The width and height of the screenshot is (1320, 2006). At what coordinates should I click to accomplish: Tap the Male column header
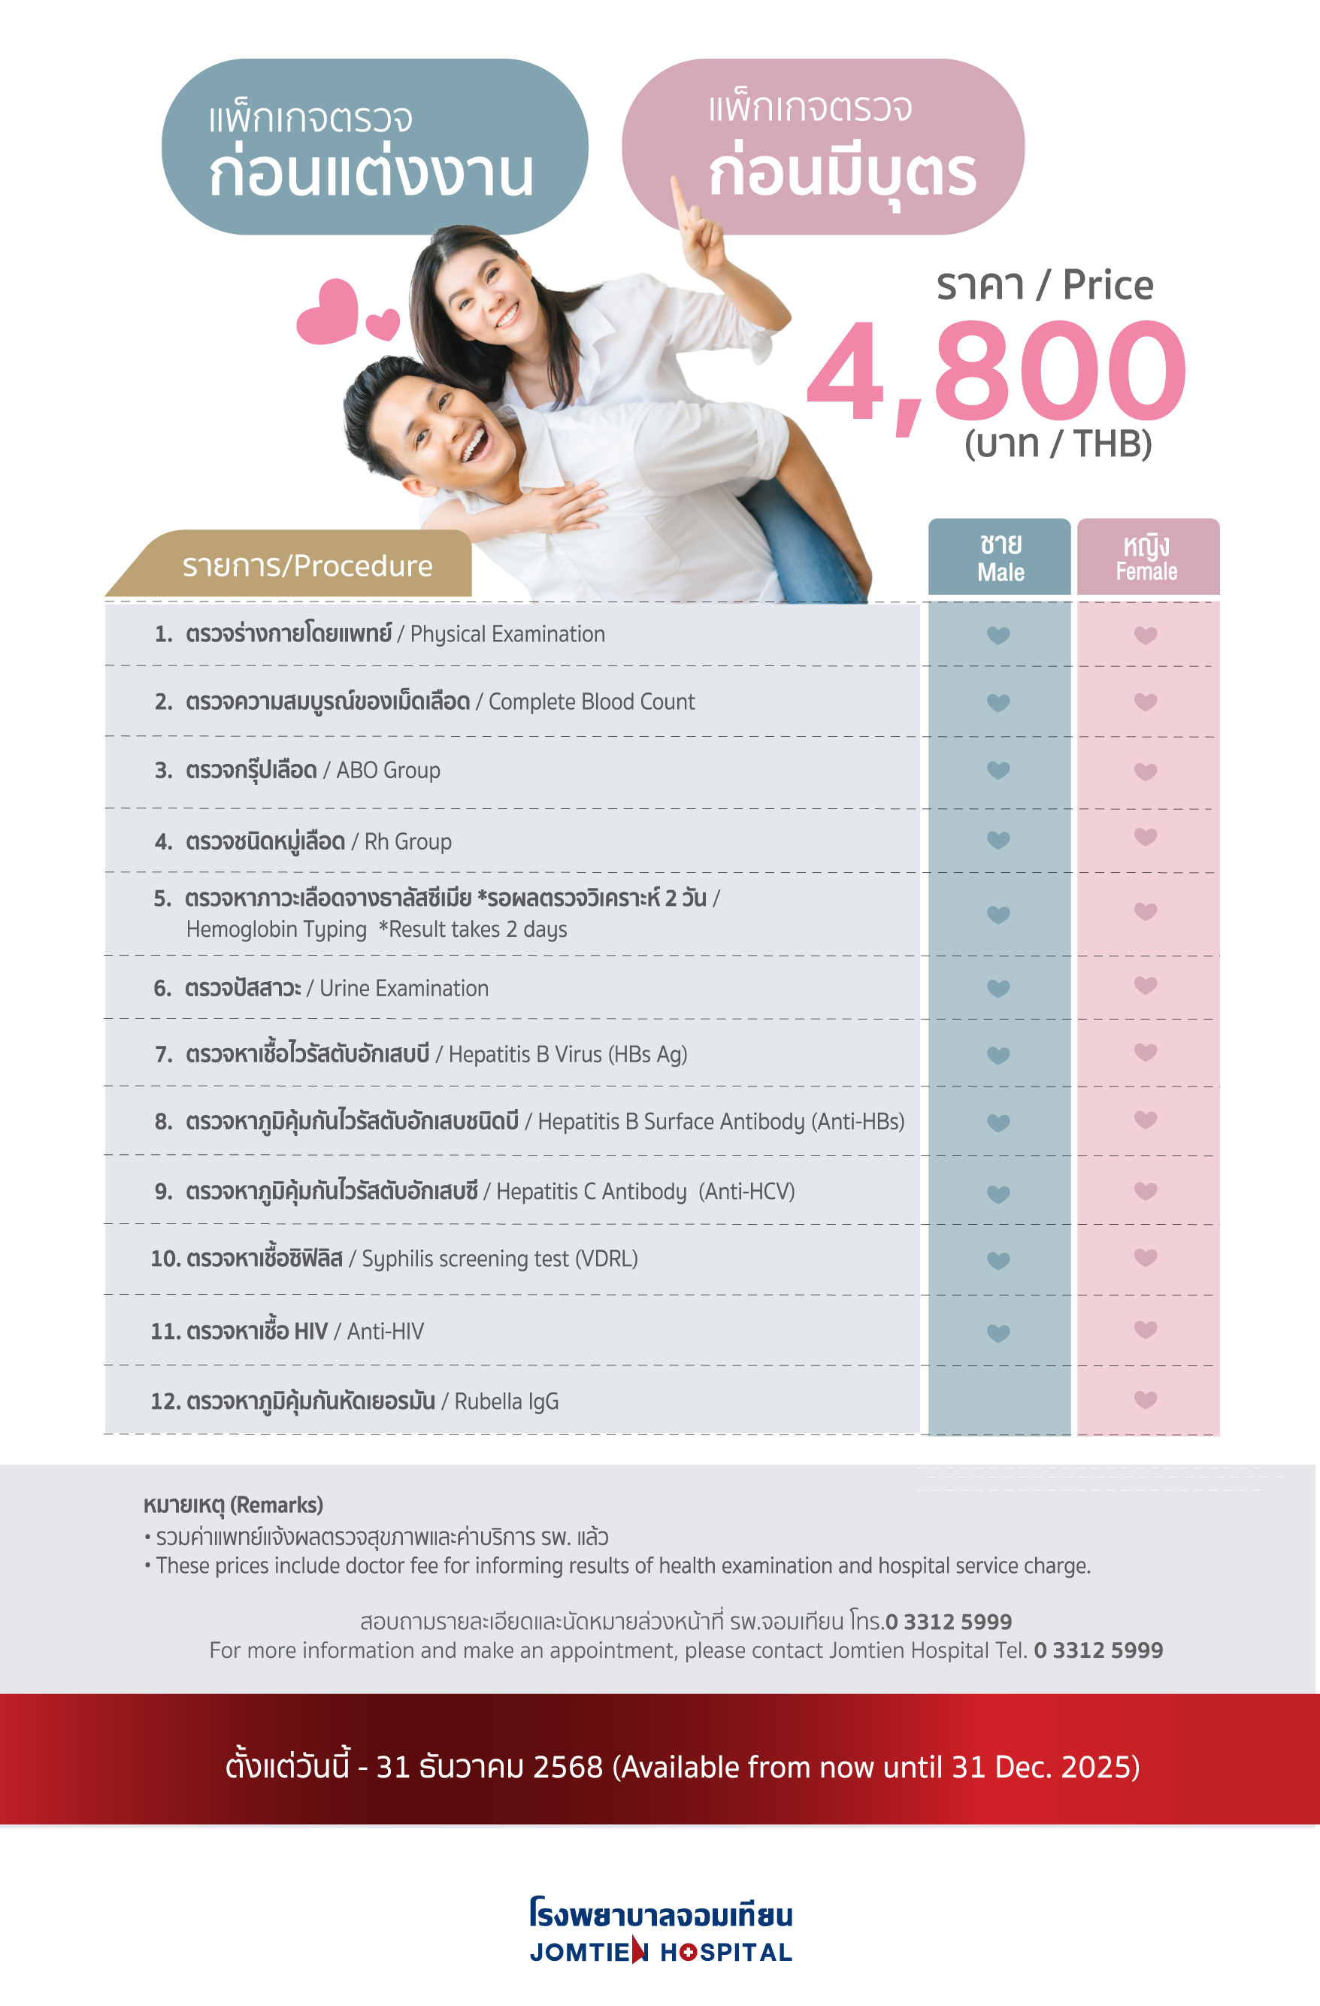pyautogui.click(x=1000, y=558)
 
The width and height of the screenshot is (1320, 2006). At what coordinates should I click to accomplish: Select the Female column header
pyautogui.click(x=1147, y=558)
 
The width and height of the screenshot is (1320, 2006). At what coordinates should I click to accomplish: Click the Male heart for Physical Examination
pyautogui.click(x=998, y=635)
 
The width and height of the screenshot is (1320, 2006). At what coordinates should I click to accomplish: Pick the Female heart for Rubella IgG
pyautogui.click(x=1146, y=1400)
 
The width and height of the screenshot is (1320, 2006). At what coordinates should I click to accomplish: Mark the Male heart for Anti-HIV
pyautogui.click(x=998, y=1332)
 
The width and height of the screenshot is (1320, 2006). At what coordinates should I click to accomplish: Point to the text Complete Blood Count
pyautogui.click(x=592, y=701)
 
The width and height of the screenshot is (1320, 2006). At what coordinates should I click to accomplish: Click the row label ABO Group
pyautogui.click(x=388, y=771)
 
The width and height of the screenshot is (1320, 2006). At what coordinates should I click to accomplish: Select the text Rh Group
pyautogui.click(x=407, y=841)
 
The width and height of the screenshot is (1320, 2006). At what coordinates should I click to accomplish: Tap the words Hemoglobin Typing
pyautogui.click(x=277, y=929)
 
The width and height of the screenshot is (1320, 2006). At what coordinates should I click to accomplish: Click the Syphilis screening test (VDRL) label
pyautogui.click(x=499, y=1259)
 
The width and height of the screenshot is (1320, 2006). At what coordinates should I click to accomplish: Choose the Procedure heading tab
pyautogui.click(x=307, y=565)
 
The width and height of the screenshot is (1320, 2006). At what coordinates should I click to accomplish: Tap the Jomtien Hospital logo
pyautogui.click(x=661, y=1930)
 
